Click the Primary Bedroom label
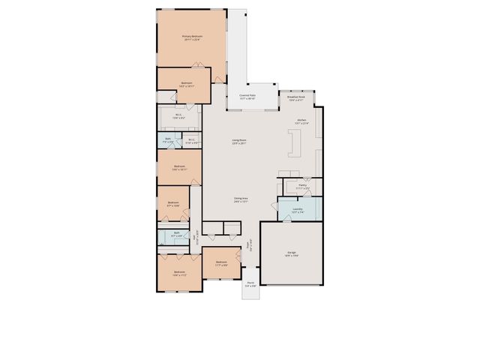[x=192, y=37]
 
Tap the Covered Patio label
[x=247, y=97]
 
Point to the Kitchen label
[x=301, y=121]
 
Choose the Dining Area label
[x=240, y=200]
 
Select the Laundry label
[x=297, y=210]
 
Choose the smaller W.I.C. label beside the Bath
[x=191, y=139]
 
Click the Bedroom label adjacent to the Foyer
[x=221, y=262]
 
